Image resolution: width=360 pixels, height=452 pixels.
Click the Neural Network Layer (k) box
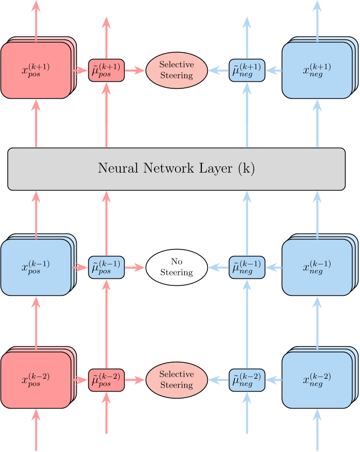[x=177, y=169]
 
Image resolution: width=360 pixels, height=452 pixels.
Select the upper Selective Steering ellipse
[x=177, y=70]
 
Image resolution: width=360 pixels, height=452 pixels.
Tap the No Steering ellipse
[x=177, y=267]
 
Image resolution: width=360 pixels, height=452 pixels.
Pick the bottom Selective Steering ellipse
[x=177, y=380]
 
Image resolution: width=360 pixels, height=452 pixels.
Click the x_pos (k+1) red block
[x=35, y=70]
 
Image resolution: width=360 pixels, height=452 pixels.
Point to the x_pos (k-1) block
[x=35, y=267]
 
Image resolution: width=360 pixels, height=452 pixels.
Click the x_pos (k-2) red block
[x=35, y=380]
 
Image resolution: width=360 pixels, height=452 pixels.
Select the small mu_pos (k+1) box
[x=106, y=70]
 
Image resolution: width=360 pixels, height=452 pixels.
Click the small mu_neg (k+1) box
[x=247, y=70]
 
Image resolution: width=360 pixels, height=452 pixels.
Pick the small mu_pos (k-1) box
[x=106, y=267]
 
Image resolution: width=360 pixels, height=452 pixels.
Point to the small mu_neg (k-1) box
[x=247, y=267]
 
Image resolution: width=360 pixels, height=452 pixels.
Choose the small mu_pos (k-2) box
[x=106, y=380]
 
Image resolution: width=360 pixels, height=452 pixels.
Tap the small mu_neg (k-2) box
[x=247, y=380]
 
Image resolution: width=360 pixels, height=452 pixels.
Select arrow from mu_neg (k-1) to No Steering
[x=218, y=267]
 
